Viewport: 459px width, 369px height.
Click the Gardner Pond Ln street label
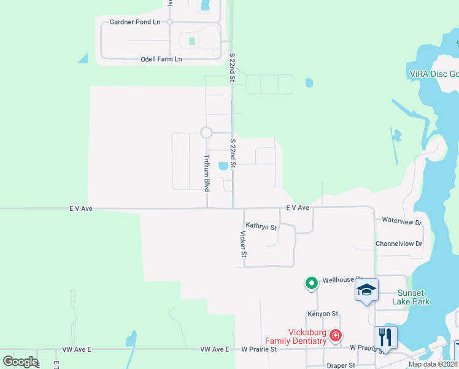pos(134,22)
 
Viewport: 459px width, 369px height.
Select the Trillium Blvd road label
pos(207,173)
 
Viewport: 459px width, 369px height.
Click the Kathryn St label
pos(261,227)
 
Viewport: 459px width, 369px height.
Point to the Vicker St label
pos(243,244)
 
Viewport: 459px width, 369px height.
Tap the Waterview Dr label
pos(402,221)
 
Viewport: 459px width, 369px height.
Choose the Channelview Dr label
pos(399,244)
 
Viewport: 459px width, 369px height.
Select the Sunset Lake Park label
pos(412,297)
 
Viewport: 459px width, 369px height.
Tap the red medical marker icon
pos(335,336)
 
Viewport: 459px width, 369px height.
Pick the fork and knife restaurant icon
pos(385,336)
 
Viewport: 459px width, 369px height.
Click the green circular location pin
pos(312,284)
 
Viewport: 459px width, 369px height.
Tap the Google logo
pos(20,362)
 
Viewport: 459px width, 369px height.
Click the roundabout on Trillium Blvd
pos(206,132)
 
